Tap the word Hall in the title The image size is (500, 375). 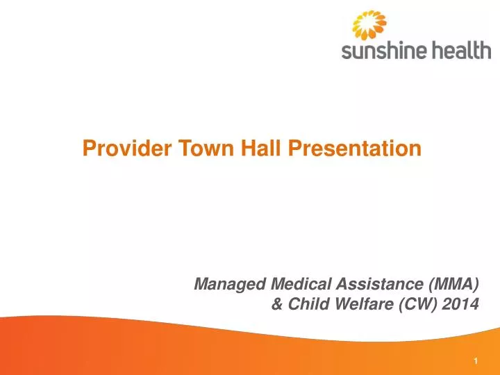tap(231, 148)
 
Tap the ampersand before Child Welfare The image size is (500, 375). tap(276, 304)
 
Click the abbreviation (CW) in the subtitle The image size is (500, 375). tap(413, 304)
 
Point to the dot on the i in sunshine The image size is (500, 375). tap(402, 42)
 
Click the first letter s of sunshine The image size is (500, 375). tap(346, 52)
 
